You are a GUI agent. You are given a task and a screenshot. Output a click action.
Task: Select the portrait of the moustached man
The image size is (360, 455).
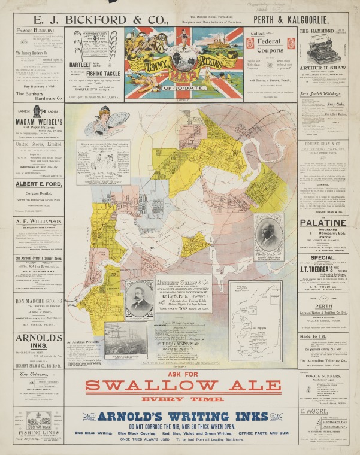(x=138, y=298)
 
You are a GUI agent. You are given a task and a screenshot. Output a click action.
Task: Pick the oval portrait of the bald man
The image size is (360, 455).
(x=266, y=233)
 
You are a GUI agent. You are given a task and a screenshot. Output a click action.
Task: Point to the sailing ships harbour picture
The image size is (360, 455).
(x=125, y=340)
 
